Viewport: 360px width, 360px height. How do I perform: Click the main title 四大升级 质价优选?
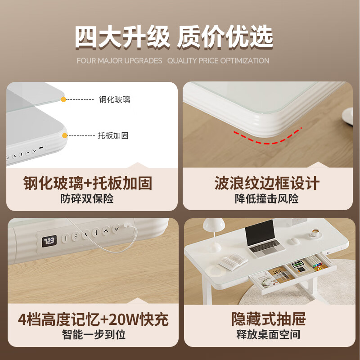[174, 37]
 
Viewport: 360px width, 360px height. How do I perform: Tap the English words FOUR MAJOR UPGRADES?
[119, 61]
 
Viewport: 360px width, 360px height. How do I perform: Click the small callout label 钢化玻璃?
[114, 99]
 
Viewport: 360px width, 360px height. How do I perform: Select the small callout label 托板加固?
[113, 135]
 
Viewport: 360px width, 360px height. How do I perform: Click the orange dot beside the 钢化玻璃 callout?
[64, 99]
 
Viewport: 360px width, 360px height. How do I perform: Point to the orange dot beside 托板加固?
[65, 135]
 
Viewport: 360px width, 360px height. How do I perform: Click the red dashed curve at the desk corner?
[267, 138]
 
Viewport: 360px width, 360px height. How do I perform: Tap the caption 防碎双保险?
[87, 198]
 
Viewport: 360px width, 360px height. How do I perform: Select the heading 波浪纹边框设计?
[267, 183]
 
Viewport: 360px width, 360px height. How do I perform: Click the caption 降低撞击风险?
[267, 198]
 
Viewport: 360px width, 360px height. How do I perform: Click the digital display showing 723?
[49, 241]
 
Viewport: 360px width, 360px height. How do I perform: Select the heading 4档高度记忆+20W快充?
[93, 319]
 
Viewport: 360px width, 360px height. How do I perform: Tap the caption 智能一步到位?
[93, 334]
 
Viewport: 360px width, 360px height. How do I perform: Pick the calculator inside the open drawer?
[297, 266]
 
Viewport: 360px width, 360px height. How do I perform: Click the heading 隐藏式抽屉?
[269, 319]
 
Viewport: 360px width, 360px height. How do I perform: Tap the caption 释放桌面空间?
[268, 334]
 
